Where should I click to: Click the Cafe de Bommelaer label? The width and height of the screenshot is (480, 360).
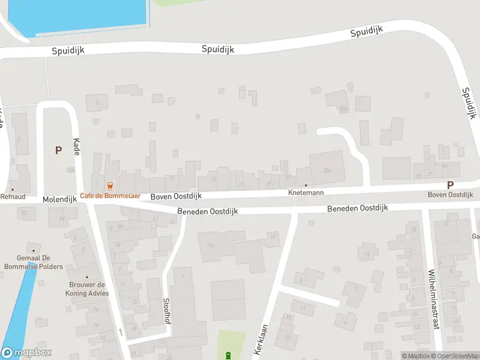110,196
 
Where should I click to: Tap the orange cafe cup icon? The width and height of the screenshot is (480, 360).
110,186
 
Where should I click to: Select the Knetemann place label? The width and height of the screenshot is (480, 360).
305,193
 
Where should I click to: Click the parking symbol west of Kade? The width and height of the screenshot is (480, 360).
58,151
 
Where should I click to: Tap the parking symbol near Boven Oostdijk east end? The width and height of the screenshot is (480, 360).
450,185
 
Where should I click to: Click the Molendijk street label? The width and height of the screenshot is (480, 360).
59,199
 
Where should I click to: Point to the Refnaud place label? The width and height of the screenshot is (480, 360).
12,196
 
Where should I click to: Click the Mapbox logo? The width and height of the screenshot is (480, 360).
26,353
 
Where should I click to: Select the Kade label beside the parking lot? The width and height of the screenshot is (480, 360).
76,147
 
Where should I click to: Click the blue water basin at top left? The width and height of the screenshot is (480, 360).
78,15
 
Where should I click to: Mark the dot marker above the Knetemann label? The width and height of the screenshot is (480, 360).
305,185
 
